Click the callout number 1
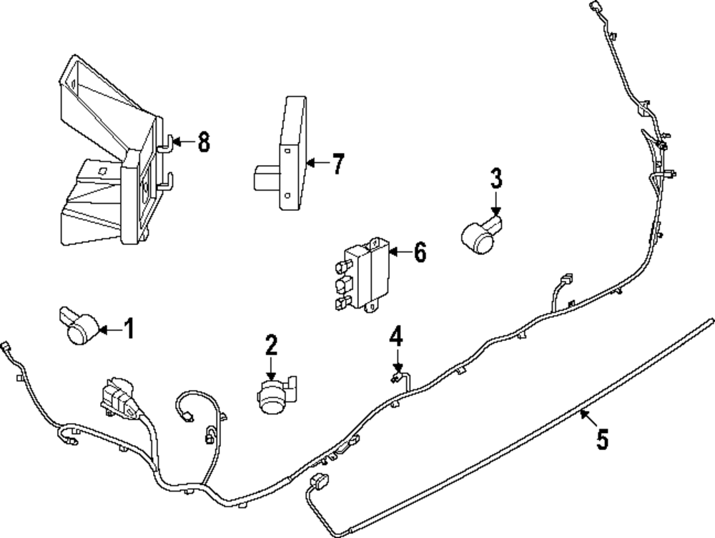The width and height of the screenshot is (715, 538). pos(129,329)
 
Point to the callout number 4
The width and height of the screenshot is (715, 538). pos(396,336)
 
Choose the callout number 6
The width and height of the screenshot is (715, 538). pos(419,251)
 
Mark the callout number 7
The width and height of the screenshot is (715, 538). pos(337,164)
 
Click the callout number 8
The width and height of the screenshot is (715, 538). pos(204,142)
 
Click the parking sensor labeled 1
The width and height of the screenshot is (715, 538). pos(79,324)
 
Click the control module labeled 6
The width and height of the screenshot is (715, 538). pos(365,275)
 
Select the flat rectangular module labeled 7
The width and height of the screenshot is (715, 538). pos(292,154)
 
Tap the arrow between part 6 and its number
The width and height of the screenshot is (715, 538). pos(400,251)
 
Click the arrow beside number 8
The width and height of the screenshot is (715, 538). pos(183,142)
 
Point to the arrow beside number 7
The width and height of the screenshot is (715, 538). pos(317,164)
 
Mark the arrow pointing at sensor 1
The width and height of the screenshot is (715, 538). pos(109,329)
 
